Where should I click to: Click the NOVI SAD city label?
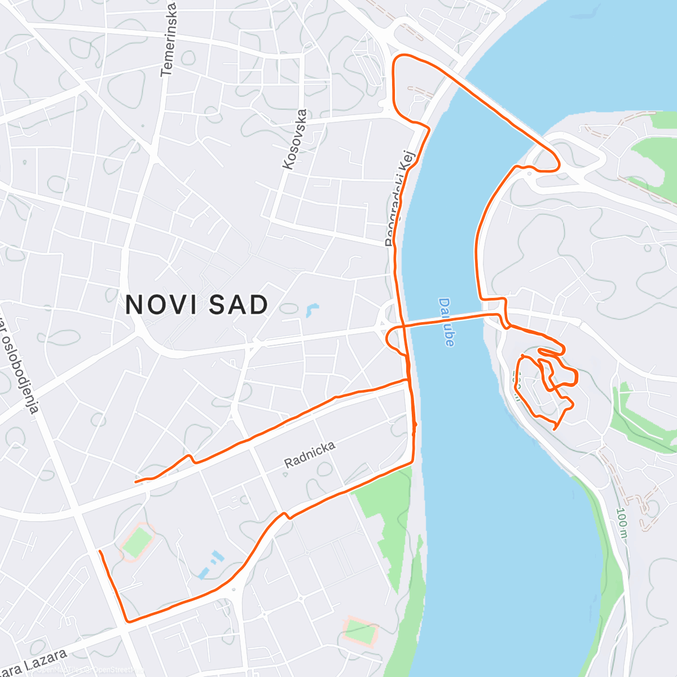[196, 305]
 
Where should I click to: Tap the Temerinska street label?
[169, 39]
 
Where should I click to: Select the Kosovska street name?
[296, 139]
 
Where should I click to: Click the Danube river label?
[446, 322]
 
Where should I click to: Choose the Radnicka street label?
[310, 455]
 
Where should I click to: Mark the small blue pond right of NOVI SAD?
[311, 310]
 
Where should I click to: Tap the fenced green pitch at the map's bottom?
[360, 632]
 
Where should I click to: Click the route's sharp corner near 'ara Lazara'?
[129, 621]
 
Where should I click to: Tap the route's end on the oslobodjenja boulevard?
[99, 551]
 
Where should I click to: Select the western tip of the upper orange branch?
[136, 482]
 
